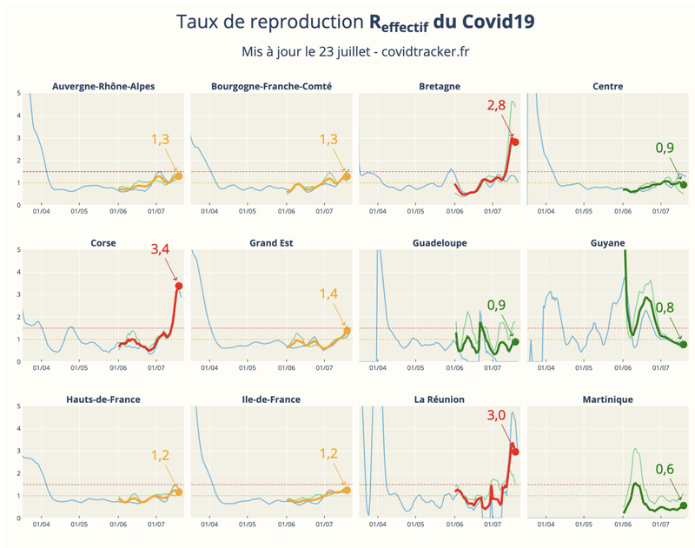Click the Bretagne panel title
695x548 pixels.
click(440, 86)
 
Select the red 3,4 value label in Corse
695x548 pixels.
click(161, 248)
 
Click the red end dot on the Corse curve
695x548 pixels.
click(179, 286)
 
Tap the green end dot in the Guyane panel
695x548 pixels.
click(684, 345)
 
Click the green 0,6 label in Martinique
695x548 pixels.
click(665, 469)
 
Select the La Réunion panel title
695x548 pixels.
click(440, 399)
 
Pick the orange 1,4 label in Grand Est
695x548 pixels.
click(329, 294)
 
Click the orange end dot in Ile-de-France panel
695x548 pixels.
click(347, 490)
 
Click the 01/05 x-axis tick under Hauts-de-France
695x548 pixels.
click(79, 524)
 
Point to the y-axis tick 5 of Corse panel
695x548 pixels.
click(18, 250)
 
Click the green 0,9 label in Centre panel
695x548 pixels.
click(665, 148)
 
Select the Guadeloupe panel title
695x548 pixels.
click(440, 243)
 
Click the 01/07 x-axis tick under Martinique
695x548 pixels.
click(660, 524)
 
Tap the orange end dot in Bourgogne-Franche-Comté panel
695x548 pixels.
click(347, 176)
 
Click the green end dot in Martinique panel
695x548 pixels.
click(684, 505)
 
